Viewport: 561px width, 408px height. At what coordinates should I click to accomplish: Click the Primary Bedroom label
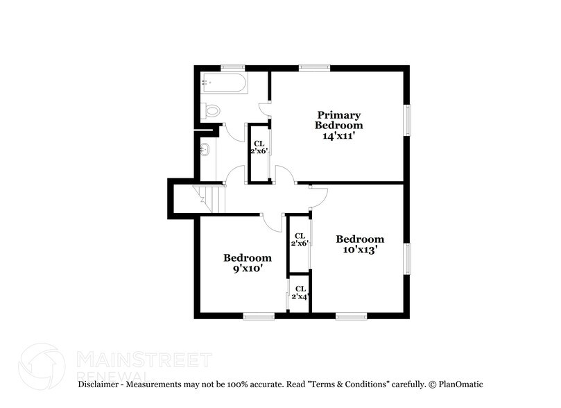(x=339, y=119)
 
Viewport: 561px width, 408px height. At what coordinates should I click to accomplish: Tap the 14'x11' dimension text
(x=339, y=136)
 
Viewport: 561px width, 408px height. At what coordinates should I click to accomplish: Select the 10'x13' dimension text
(x=360, y=250)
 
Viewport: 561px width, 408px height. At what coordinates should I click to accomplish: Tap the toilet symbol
(x=212, y=110)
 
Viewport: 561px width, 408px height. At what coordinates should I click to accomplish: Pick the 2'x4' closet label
(x=300, y=293)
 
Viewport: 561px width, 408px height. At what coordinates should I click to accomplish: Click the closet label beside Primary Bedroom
(x=259, y=147)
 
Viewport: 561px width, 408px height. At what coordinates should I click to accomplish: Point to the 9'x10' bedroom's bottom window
(x=259, y=316)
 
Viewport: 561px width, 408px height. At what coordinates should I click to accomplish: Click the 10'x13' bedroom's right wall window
(x=408, y=258)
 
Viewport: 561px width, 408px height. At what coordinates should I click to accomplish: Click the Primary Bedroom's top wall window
(x=313, y=67)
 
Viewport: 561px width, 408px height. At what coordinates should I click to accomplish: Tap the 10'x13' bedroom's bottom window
(x=352, y=316)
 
